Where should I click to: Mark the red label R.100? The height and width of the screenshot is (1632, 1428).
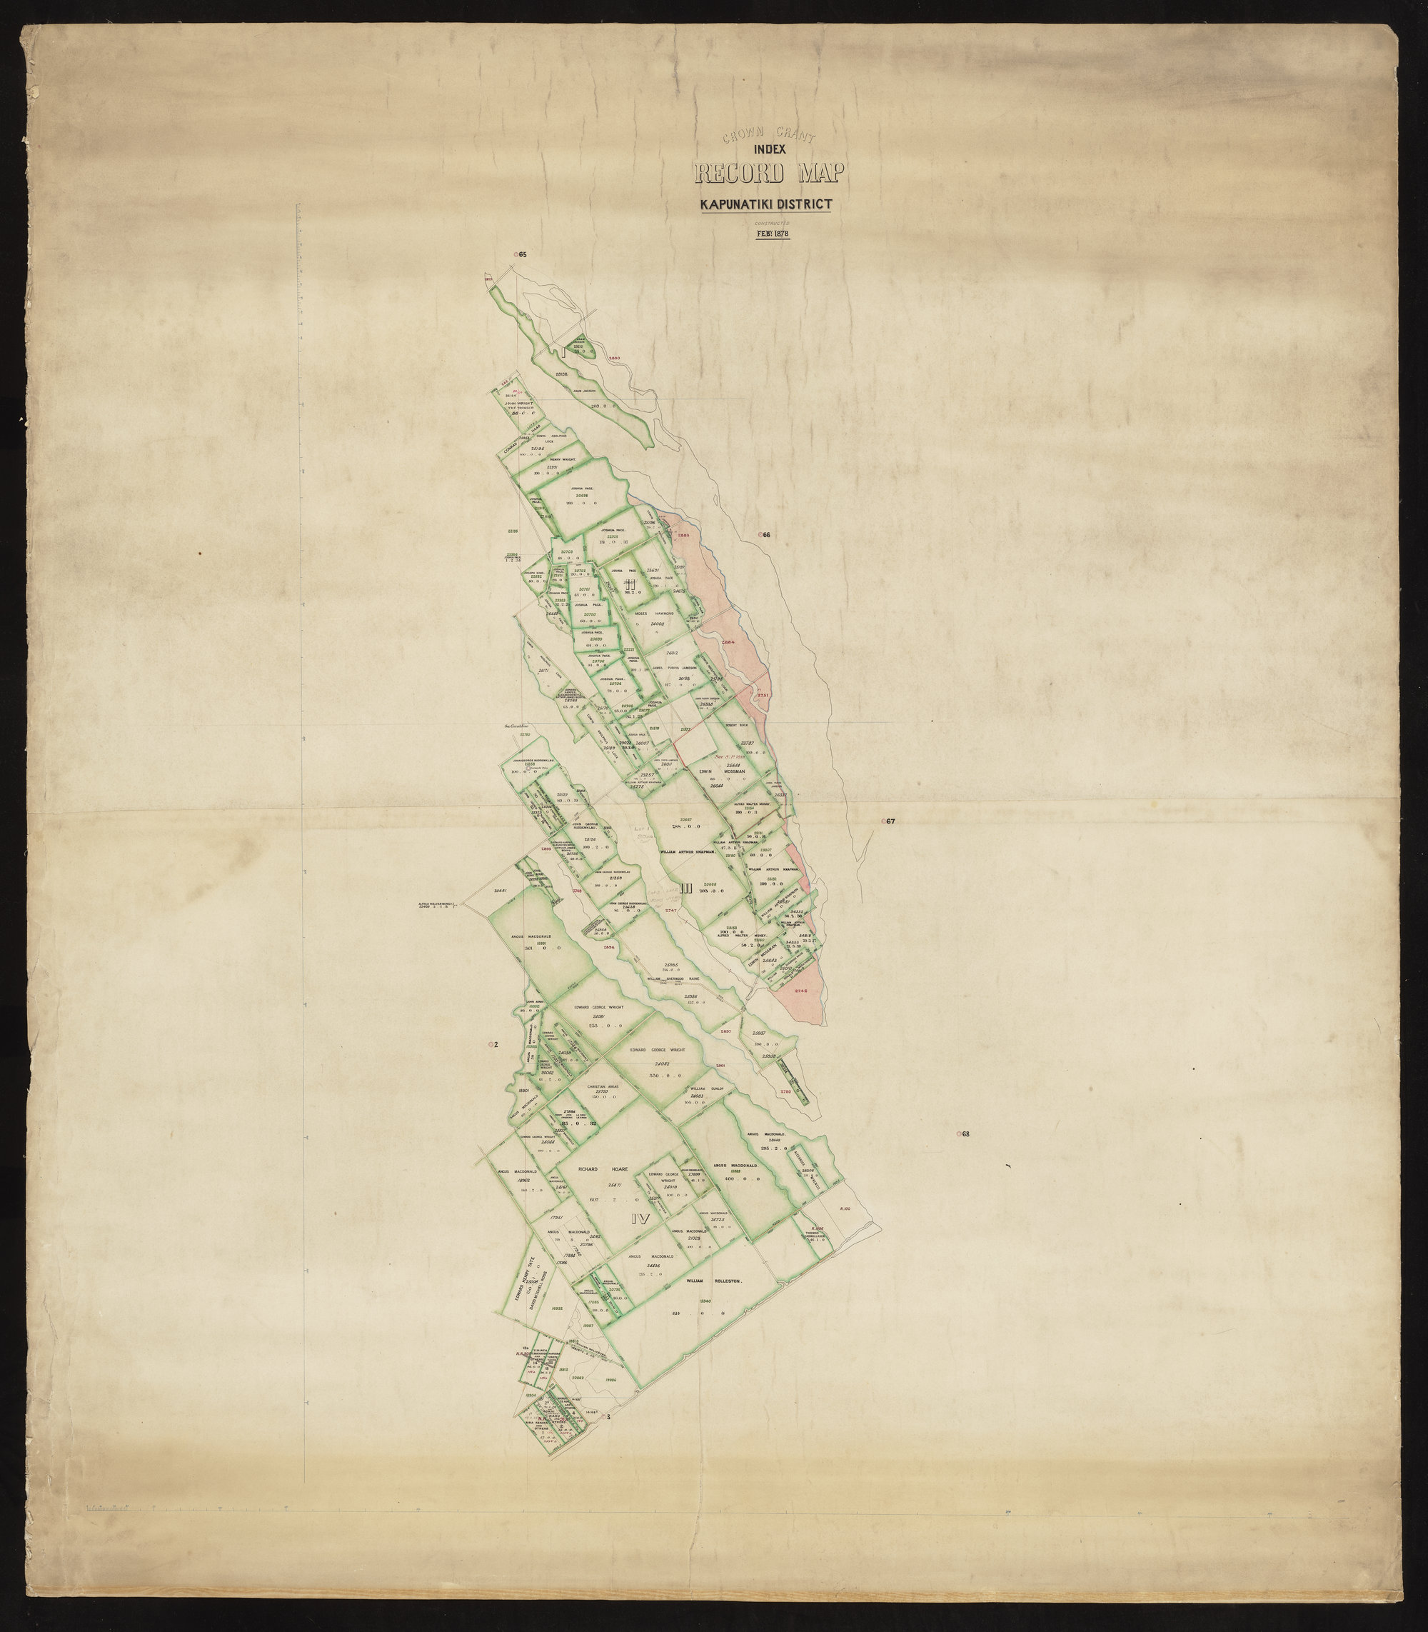(845, 1208)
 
